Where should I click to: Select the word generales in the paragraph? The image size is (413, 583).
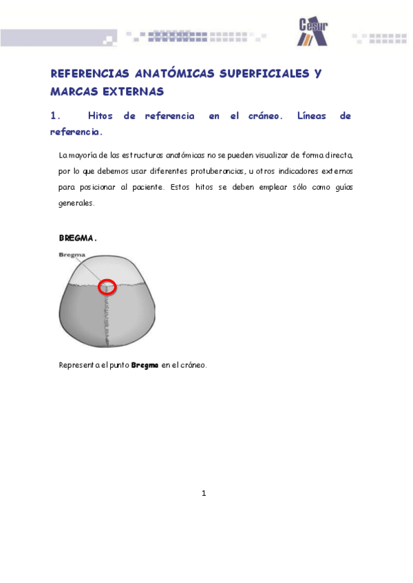coord(76,203)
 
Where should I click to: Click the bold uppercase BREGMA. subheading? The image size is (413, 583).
coord(78,239)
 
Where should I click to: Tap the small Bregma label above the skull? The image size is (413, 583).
coord(72,255)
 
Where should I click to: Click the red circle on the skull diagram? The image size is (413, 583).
coord(106,287)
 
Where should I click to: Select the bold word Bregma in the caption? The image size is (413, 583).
coord(145,365)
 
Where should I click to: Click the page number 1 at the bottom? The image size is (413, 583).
coord(204,493)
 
